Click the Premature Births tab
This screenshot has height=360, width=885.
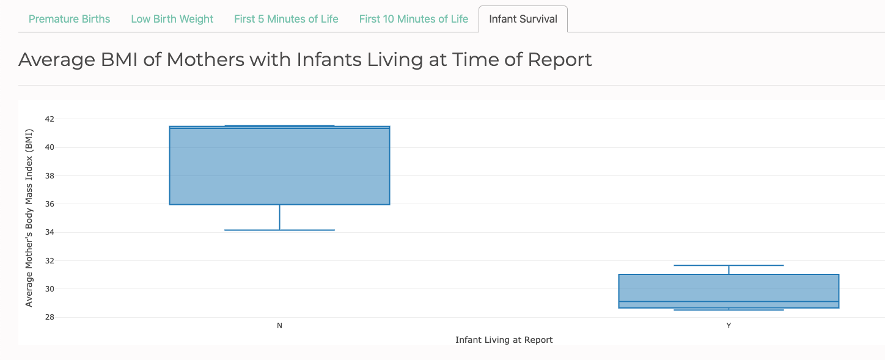(69, 19)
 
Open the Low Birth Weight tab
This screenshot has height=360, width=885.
(172, 19)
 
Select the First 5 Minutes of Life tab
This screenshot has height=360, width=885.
(286, 19)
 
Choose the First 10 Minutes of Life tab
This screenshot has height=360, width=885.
(413, 19)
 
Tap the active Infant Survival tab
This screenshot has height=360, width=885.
(523, 19)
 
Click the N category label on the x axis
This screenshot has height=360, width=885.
(279, 326)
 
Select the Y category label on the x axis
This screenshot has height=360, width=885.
(729, 326)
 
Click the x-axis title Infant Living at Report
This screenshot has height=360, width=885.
(504, 340)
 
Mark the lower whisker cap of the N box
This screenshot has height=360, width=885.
(279, 230)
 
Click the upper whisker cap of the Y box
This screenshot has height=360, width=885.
(729, 265)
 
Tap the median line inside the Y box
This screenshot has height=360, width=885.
(729, 301)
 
